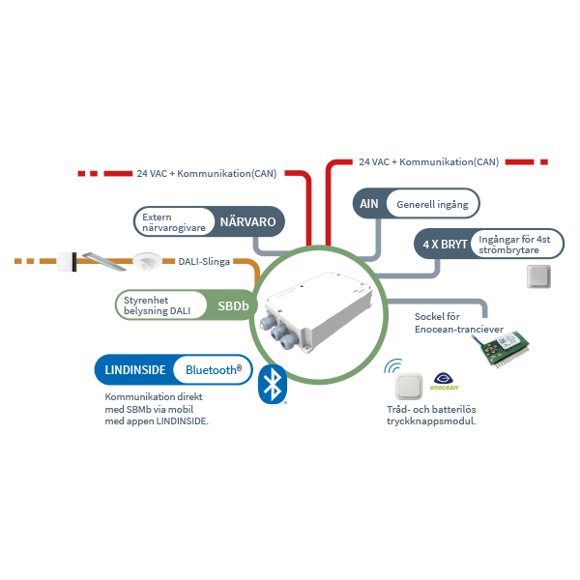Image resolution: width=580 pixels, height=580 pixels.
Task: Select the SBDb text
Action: (x=233, y=305)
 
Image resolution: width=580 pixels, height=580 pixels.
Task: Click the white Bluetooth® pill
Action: (x=212, y=369)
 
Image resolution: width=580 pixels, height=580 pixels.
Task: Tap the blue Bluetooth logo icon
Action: (x=274, y=384)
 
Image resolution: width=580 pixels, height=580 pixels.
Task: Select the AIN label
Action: (x=368, y=204)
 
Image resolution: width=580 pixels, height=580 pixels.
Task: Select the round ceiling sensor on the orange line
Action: (x=147, y=260)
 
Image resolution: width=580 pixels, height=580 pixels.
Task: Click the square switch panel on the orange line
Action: (x=66, y=261)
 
